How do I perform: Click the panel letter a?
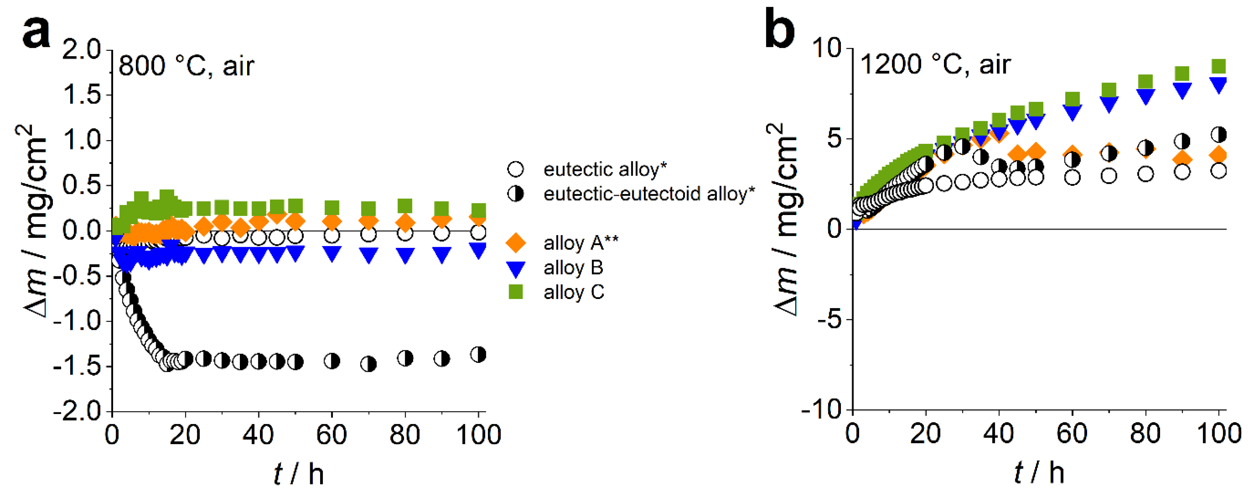pyautogui.click(x=36, y=31)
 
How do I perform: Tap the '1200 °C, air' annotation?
pyautogui.click(x=935, y=65)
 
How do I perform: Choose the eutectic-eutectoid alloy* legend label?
pyautogui.click(x=649, y=194)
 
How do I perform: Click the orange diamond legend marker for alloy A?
pyautogui.click(x=515, y=242)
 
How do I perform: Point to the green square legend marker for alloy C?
pyautogui.click(x=515, y=292)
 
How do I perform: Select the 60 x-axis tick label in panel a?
pyautogui.click(x=331, y=434)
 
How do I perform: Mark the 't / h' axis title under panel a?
pyautogui.click(x=298, y=473)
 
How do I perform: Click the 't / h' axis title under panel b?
pyautogui.click(x=1039, y=472)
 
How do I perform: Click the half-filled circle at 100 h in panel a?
pyautogui.click(x=478, y=355)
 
